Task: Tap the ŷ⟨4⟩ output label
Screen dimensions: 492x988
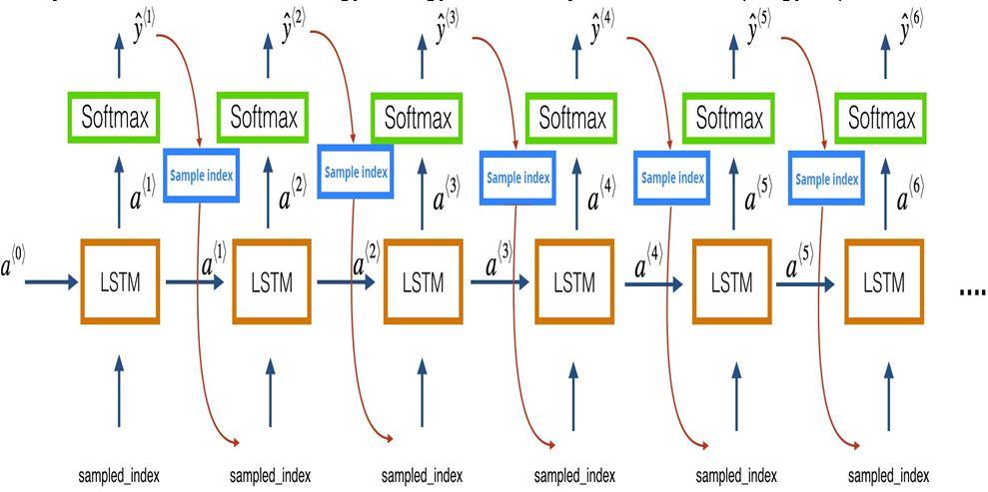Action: [x=601, y=31]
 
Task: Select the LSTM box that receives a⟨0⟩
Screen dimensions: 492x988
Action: [x=120, y=282]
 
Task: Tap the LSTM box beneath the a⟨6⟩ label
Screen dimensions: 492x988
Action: [x=884, y=282]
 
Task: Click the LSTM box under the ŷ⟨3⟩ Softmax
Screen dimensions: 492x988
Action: [x=423, y=282]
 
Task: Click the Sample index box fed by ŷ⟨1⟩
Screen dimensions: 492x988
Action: [x=201, y=176]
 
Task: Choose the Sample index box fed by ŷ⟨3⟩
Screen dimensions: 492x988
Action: [x=517, y=178]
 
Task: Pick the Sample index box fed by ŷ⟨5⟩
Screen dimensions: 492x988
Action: [x=826, y=179]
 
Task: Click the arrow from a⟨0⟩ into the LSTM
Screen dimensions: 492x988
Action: [x=50, y=282]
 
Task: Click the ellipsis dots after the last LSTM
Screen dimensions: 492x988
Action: [x=971, y=290]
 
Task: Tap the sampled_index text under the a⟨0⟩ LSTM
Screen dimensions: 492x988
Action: [x=119, y=475]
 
